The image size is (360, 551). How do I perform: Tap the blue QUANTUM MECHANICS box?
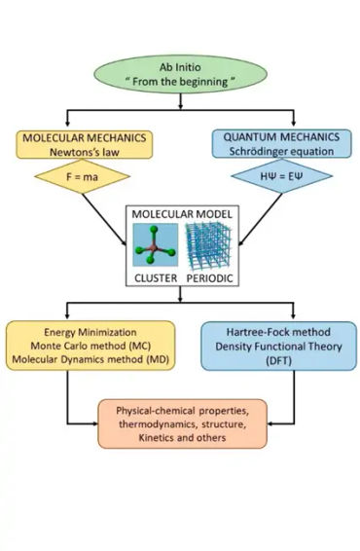(x=271, y=144)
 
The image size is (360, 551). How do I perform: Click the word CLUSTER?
(x=154, y=277)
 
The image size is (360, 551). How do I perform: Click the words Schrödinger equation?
(x=271, y=152)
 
